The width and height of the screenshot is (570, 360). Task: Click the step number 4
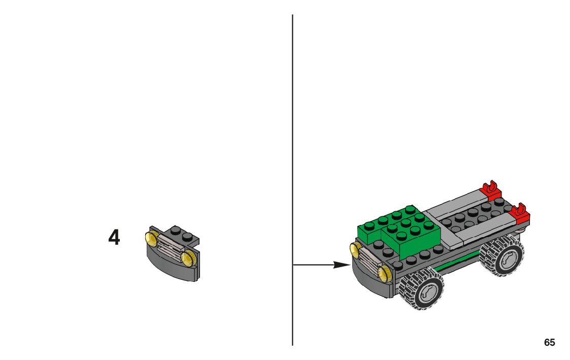click(114, 238)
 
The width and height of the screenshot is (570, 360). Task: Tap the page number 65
click(549, 342)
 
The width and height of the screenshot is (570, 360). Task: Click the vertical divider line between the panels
click(292, 152)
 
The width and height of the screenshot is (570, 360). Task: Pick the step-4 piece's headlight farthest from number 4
click(189, 258)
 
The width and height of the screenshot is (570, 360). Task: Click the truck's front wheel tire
click(421, 289)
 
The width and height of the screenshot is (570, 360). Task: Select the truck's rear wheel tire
click(501, 258)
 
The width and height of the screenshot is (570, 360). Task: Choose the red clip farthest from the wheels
click(491, 191)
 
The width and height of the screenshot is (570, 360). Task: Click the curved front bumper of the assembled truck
click(368, 282)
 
